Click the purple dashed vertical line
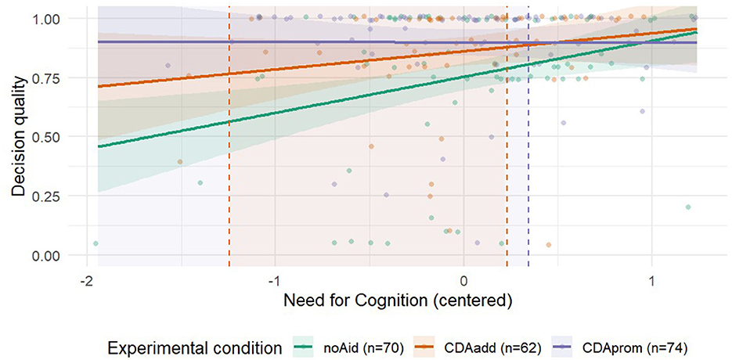[528, 157]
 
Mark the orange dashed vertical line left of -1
[229, 157]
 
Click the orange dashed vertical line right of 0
[507, 157]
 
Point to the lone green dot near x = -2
[96, 243]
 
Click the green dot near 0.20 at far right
[688, 207]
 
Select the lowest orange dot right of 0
[548, 245]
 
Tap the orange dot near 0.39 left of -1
[180, 162]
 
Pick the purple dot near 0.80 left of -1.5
[168, 66]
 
